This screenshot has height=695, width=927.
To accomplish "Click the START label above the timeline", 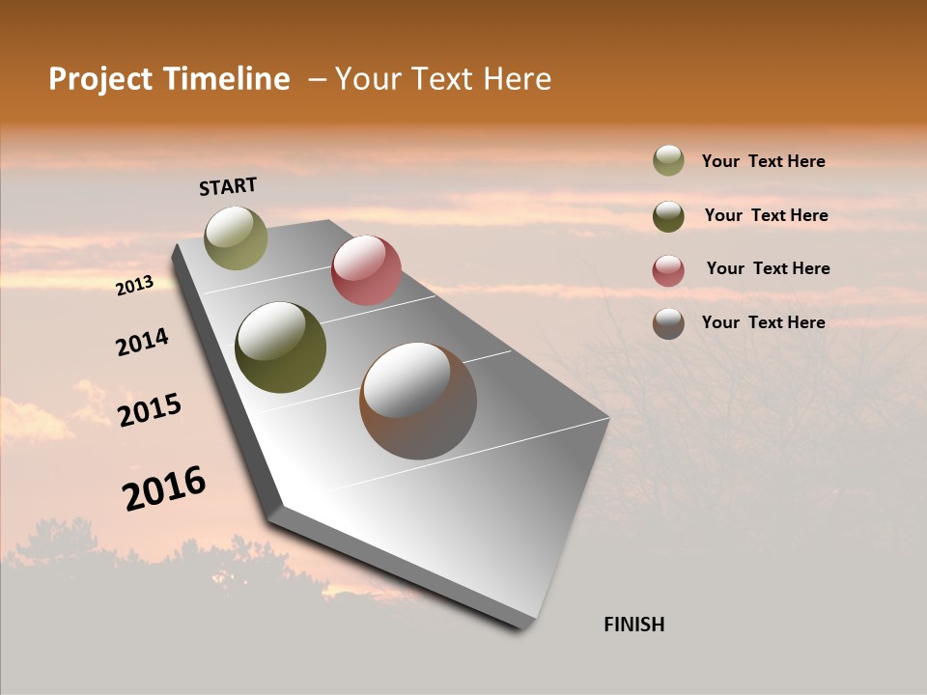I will click(228, 186).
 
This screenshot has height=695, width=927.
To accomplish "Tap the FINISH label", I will click(633, 625).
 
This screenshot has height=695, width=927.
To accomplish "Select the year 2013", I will click(134, 286).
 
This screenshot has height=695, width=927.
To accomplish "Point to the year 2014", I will click(142, 343).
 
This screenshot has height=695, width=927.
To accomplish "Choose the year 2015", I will click(150, 410).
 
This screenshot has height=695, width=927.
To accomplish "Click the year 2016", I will click(164, 488).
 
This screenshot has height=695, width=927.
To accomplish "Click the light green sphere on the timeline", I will click(236, 237).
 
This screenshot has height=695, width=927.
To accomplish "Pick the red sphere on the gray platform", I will click(366, 270).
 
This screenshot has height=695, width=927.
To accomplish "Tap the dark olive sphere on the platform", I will click(280, 347).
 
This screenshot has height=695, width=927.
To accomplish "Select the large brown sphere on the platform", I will click(418, 401).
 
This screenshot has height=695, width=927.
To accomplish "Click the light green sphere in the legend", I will click(668, 160).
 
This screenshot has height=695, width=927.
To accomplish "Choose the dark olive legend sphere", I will click(668, 215).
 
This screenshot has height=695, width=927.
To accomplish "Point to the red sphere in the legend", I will click(668, 269).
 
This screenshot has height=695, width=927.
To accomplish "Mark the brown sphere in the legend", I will click(668, 323).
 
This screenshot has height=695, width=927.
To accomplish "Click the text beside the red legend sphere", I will click(768, 268).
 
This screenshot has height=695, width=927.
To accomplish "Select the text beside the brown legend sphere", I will click(763, 322).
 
